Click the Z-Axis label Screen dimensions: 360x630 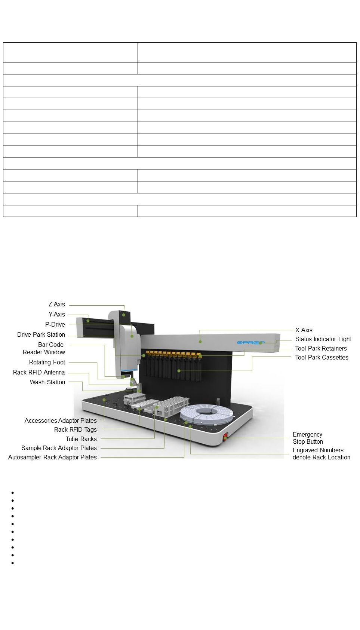tap(56, 305)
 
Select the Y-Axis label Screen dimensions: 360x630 tap(56, 315)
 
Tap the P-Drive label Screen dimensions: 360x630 tap(55, 325)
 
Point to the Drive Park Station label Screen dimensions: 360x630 tap(41, 335)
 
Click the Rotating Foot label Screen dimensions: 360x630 tap(47, 363)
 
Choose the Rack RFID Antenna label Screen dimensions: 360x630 tap(39, 373)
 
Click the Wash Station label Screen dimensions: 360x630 tap(47, 382)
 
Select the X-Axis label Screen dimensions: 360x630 tap(304, 330)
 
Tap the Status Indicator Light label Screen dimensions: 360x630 tap(323, 339)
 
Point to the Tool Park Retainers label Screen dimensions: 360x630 tap(321, 349)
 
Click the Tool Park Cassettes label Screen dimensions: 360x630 tap(321, 358)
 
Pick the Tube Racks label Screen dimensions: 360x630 tap(81, 439)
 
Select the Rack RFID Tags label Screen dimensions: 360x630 tap(76, 430)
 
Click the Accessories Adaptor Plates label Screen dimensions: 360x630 tap(61, 421)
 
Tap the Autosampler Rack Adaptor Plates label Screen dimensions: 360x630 tap(52, 458)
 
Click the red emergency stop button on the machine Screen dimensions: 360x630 tap(225, 437)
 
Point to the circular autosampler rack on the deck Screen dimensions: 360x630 tap(206, 414)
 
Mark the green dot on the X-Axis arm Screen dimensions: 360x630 tap(200, 342)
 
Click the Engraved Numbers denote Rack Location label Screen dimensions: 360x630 tap(321, 454)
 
